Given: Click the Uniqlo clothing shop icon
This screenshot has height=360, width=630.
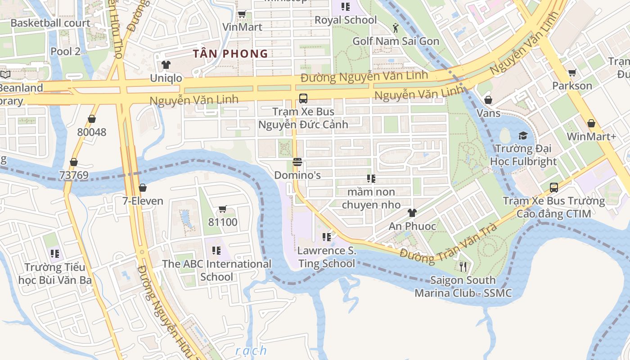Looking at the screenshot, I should pos(166,65).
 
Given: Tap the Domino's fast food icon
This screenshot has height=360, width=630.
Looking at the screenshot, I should pos(297,162).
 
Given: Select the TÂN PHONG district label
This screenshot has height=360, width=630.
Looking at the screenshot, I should pos(230,54).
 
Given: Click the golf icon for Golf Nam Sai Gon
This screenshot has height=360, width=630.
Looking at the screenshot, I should pos(396,28).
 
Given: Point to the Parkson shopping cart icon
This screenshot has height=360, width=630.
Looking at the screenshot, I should pos(572,72).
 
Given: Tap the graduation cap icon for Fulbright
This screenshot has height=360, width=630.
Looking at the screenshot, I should pos(523,135).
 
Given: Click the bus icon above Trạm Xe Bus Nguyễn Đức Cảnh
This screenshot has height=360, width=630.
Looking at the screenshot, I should pos(303,98).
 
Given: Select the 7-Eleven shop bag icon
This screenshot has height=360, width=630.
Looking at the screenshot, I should pos(143,188).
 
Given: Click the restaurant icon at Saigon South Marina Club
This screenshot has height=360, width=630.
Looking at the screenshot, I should pos(463,267).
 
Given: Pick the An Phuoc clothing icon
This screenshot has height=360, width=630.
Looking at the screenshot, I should pos(412,213).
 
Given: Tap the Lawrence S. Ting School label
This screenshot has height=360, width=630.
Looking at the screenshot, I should pos(327,257).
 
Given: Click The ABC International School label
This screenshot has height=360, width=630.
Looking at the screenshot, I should pos(216,270).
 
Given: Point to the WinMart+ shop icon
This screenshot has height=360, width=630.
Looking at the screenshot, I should pos(591,123).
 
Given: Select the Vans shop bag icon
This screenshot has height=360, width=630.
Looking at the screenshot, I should pos(488,100).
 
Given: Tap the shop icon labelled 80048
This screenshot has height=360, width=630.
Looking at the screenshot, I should pos(92,119).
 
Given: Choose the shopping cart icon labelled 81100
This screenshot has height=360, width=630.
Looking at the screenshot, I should pos(222,209).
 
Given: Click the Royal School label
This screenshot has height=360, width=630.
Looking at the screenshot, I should pos(346,20).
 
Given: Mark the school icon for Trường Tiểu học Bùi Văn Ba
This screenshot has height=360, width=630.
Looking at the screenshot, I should pos(55,254).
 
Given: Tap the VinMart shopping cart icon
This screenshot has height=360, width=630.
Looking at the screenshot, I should pos(242,14).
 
